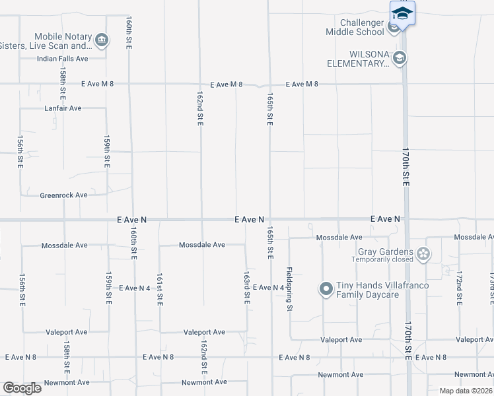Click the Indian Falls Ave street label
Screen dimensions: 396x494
63,59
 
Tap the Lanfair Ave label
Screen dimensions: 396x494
63,108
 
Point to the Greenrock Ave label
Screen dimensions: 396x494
63,195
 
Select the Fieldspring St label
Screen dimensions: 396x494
289,288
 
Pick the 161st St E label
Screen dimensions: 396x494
159,289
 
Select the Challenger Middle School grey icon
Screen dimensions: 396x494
394,27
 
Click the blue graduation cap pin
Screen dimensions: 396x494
402,13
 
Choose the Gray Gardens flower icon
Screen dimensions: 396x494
423,253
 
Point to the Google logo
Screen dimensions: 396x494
22,387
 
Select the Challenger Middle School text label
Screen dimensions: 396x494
354,27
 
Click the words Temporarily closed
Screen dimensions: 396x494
383,260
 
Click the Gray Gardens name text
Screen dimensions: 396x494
385,251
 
